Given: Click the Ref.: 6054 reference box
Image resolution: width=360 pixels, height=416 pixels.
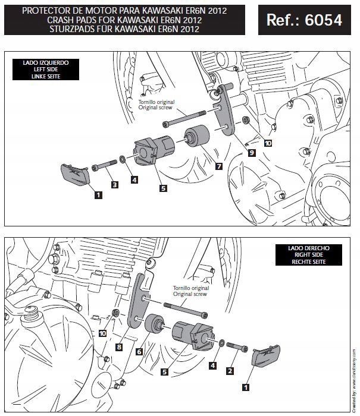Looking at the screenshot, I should pyautogui.click(x=304, y=20).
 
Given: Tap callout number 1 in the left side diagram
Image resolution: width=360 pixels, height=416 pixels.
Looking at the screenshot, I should pyautogui.click(x=96, y=193).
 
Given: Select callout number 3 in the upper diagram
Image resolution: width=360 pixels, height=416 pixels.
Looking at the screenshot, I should pyautogui.click(x=115, y=185).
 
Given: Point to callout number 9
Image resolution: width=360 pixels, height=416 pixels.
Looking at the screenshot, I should pyautogui.click(x=252, y=153).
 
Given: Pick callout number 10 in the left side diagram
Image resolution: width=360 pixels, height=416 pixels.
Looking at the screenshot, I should pyautogui.click(x=268, y=143).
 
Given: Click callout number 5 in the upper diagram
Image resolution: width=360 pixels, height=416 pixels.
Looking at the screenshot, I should pyautogui.click(x=162, y=188).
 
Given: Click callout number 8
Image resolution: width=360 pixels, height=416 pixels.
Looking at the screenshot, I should pyautogui.click(x=119, y=346).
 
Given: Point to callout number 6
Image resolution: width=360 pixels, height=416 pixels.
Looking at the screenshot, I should pyautogui.click(x=139, y=352).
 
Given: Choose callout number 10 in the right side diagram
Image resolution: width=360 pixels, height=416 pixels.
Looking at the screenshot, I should pyautogui.click(x=103, y=334).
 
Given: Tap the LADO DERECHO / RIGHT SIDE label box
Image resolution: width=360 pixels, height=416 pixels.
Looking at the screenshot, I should pyautogui.click(x=301, y=254).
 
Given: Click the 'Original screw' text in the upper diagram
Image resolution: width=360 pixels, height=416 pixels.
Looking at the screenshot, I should pyautogui.click(x=157, y=109).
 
